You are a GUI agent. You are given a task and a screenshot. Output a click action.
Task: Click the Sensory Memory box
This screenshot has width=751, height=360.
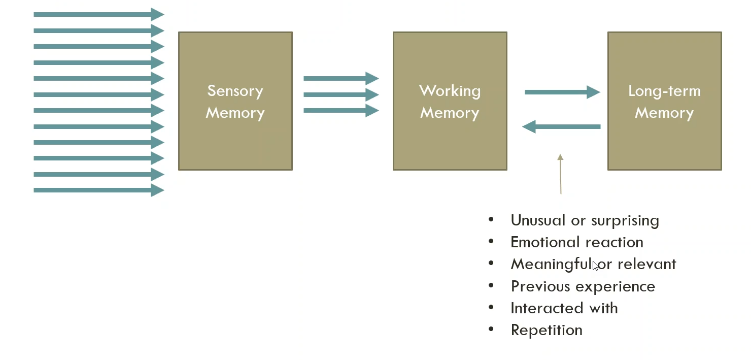click(235, 101)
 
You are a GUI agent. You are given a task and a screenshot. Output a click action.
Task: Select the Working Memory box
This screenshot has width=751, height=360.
click(450, 101)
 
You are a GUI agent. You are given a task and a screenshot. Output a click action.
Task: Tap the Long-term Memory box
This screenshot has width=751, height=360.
click(665, 101)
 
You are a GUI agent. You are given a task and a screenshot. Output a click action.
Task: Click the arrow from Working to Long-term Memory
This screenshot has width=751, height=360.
click(562, 92)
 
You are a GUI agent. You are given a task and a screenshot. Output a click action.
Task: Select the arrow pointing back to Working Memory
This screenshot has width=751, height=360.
click(561, 126)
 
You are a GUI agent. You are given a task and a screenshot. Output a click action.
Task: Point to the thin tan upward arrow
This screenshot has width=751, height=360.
click(560, 174)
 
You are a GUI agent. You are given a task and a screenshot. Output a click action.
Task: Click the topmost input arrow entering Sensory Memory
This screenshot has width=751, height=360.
click(99, 14)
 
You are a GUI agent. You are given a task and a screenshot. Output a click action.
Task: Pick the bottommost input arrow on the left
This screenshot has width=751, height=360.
click(99, 190)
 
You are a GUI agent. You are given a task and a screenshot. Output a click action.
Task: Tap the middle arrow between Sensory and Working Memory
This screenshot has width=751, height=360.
click(342, 94)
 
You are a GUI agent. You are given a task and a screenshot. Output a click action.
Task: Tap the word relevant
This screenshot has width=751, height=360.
click(647, 264)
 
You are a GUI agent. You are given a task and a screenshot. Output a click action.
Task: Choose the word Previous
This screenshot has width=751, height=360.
click(540, 286)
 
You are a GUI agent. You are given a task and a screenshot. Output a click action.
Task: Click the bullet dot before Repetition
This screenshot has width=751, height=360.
click(491, 329)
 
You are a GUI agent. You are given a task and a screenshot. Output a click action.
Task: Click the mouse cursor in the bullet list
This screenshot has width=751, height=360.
click(595, 266)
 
